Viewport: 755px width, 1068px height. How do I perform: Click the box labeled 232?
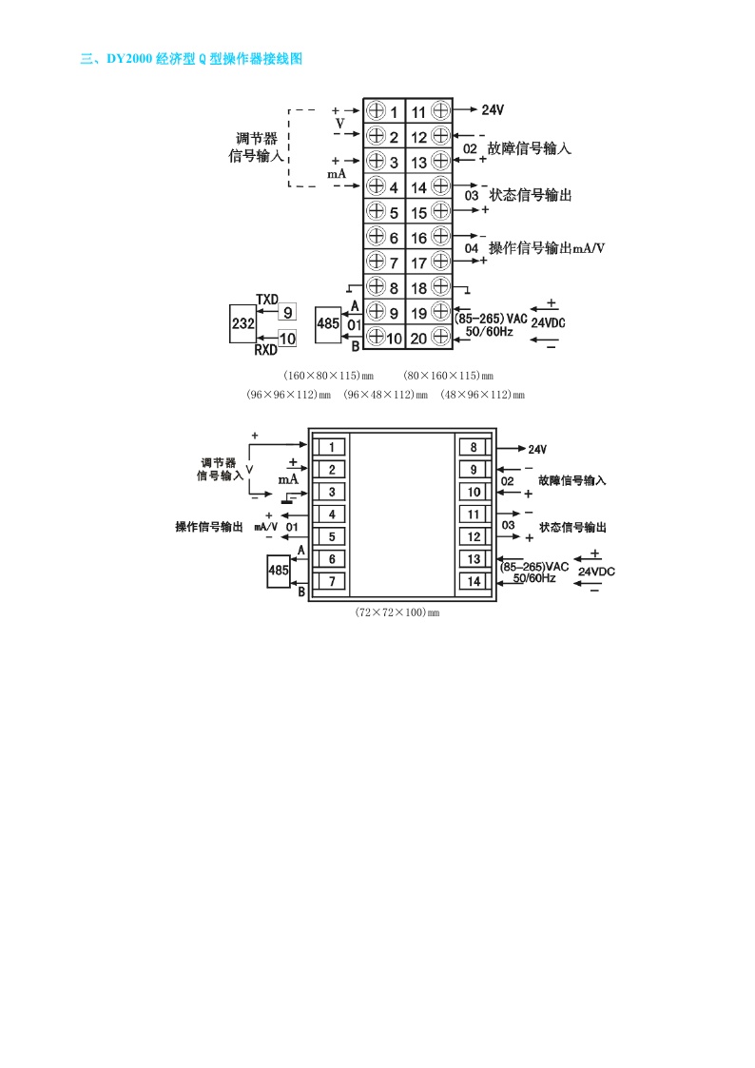(242, 324)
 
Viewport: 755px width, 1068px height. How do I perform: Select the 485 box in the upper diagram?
(328, 324)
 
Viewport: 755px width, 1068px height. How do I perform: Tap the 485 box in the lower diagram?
(278, 571)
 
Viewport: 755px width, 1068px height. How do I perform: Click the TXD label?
(267, 300)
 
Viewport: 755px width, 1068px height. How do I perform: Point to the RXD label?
(265, 350)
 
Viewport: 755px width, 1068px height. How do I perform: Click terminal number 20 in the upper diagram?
(419, 338)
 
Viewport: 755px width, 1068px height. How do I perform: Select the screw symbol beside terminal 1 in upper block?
(376, 111)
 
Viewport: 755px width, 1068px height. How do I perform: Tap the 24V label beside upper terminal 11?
(493, 110)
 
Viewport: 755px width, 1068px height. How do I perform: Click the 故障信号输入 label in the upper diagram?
(529, 148)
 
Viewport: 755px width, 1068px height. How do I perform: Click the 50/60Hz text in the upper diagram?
(489, 332)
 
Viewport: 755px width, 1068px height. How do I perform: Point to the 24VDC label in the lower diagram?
(597, 572)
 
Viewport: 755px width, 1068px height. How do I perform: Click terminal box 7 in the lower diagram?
(329, 581)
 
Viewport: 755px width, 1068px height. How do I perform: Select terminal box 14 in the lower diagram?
(474, 581)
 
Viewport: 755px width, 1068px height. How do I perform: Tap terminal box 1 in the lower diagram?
(329, 447)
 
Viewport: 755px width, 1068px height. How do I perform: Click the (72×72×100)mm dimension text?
(397, 612)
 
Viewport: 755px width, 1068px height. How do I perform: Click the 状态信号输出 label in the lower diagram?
(572, 527)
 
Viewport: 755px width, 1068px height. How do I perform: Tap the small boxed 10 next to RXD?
(287, 338)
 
